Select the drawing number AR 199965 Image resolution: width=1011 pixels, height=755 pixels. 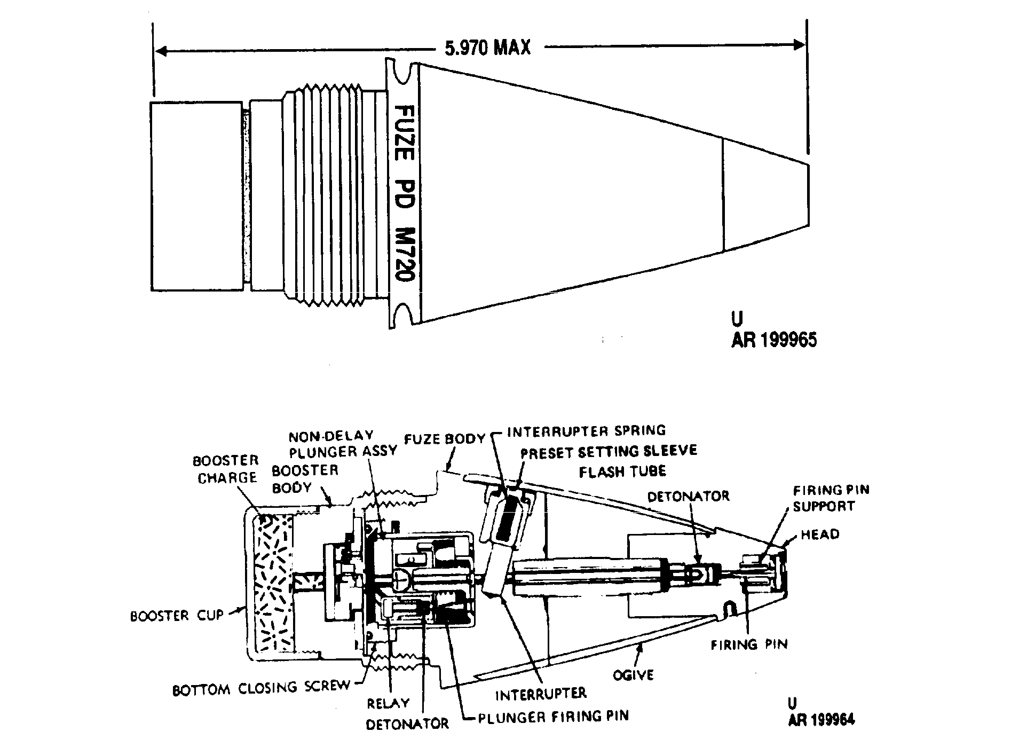tap(774, 340)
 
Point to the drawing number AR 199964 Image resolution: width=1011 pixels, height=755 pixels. tap(822, 719)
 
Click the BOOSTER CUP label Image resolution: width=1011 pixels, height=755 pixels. tap(177, 616)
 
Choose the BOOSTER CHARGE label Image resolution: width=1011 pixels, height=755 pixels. tap(226, 469)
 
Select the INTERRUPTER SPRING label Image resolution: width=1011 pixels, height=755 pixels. tap(587, 430)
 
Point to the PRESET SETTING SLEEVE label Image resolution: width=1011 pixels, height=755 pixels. tap(609, 451)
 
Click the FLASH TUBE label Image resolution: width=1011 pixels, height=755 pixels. tap(622, 471)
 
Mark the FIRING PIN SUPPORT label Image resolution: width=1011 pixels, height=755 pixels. tap(831, 498)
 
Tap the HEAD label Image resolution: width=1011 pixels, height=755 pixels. tap(820, 534)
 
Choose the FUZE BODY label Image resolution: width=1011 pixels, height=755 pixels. tap(445, 439)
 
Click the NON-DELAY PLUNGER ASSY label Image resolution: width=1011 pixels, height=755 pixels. tap(343, 444)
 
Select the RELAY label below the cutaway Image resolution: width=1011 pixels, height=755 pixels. tap(388, 703)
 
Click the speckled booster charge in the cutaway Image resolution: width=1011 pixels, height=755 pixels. tap(274, 584)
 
